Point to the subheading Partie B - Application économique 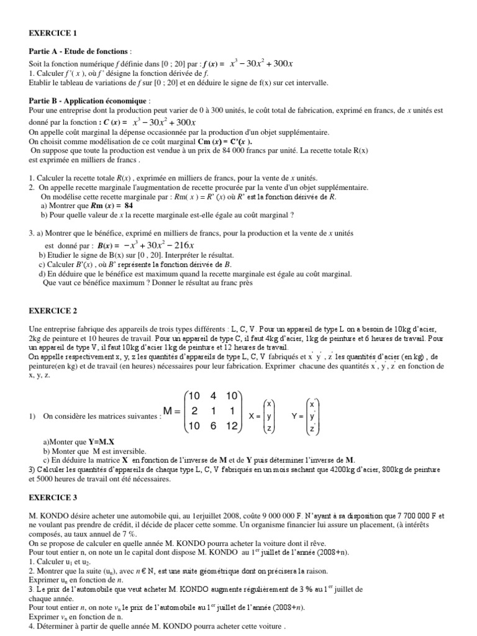(x=89, y=100)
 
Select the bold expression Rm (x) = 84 (x=112, y=206)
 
